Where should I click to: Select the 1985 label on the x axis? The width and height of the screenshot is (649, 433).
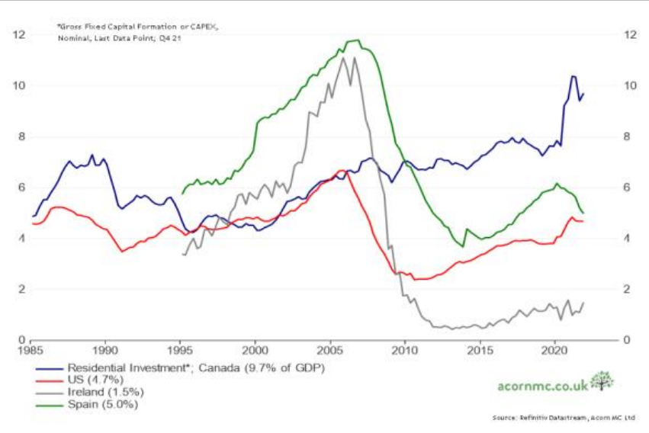click(x=31, y=352)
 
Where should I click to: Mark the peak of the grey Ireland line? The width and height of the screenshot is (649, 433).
click(x=343, y=58)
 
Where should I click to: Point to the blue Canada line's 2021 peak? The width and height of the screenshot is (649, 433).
click(x=573, y=76)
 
